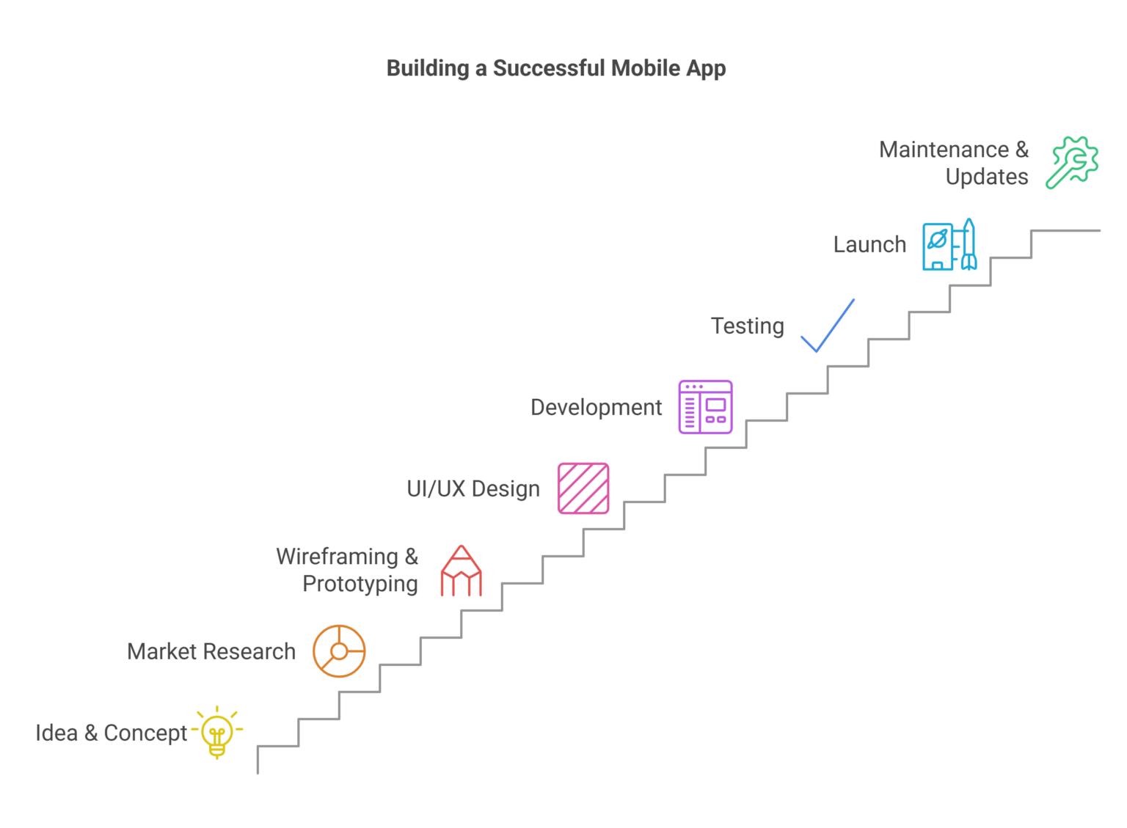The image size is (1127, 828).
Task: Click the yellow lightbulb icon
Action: point(217,732)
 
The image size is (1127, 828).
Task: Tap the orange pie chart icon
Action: point(339,651)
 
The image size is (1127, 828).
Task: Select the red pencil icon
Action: point(461,571)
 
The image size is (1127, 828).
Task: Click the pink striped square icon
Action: point(583,488)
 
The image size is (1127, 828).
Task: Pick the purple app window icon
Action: point(705,407)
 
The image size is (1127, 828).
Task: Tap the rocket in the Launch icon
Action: point(969,244)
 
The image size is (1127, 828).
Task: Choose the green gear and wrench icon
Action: point(1072,162)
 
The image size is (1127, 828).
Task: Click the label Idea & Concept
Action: point(112,733)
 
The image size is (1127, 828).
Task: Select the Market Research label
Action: point(211,651)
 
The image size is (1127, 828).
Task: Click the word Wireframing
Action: point(338,557)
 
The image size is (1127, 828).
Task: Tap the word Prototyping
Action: point(360,584)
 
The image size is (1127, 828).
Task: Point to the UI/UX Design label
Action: point(473,488)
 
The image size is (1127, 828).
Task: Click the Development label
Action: point(596,407)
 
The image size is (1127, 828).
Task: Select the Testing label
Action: point(747,326)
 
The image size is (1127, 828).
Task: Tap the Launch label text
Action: point(869,244)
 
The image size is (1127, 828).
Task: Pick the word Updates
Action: point(986,177)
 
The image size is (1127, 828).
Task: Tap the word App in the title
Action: point(706,68)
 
